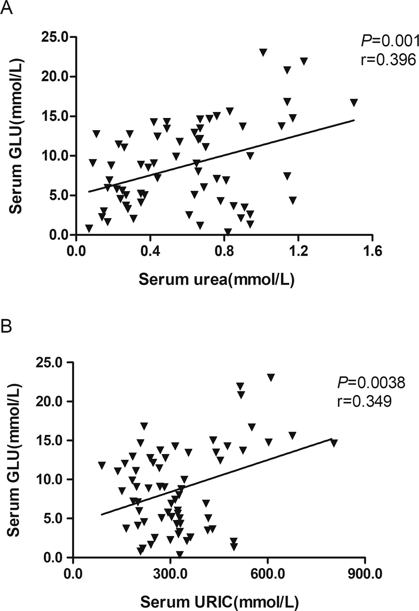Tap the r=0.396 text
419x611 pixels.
point(388,60)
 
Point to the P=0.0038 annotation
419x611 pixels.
point(371,383)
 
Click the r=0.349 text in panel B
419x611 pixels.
point(364,401)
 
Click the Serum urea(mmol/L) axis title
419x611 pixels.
point(216,280)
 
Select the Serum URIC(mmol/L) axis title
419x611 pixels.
point(219,602)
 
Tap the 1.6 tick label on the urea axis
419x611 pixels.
point(372,251)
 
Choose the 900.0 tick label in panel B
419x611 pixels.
point(364,574)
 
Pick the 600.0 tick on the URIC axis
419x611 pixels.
point(267,574)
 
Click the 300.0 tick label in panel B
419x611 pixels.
point(170,574)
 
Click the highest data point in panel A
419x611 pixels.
point(263,52)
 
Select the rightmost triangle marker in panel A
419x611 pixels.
point(354,102)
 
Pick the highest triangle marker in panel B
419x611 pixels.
point(271,377)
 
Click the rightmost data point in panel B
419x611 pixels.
point(334,443)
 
